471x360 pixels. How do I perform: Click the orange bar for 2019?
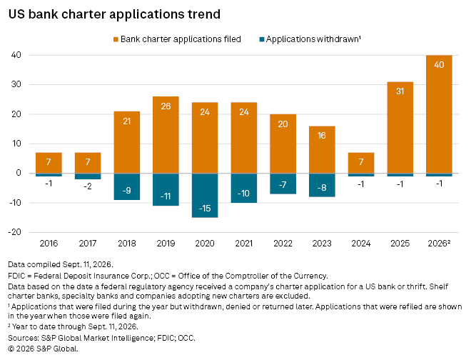pyautogui.click(x=166, y=135)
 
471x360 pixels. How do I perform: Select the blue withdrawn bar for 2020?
pyautogui.click(x=205, y=195)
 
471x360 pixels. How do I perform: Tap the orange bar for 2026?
pyautogui.click(x=439, y=114)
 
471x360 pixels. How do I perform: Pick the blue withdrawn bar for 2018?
pyautogui.click(x=127, y=186)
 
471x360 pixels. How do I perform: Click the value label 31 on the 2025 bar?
pyautogui.click(x=400, y=91)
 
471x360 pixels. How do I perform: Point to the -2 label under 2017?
pyautogui.click(x=88, y=186)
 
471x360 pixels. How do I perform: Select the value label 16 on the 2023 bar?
pyautogui.click(x=322, y=136)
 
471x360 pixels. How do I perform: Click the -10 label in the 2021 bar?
pyautogui.click(x=243, y=194)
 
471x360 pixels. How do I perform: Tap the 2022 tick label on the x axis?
pyautogui.click(x=283, y=244)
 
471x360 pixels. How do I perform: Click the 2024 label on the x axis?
pyautogui.click(x=361, y=244)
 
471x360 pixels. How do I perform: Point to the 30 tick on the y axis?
pyautogui.click(x=16, y=84)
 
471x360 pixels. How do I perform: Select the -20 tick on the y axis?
pyautogui.click(x=15, y=232)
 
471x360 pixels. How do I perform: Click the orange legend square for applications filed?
pyautogui.click(x=116, y=39)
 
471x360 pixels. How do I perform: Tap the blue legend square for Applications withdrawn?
pyautogui.click(x=262, y=39)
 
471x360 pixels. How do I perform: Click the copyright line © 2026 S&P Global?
pyautogui.click(x=44, y=349)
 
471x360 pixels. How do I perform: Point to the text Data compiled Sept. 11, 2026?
pyautogui.click(x=61, y=265)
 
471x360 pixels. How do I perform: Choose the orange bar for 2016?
pyautogui.click(x=49, y=163)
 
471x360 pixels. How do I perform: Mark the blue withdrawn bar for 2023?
pyautogui.click(x=322, y=185)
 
